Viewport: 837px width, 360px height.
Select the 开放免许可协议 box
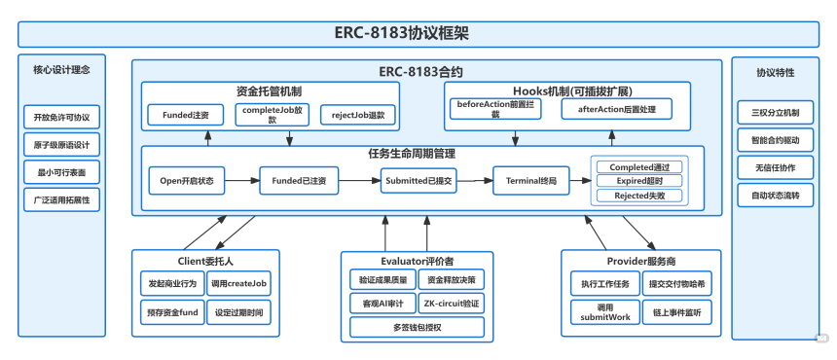pyautogui.click(x=61, y=118)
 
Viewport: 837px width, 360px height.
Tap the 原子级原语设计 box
pyautogui.click(x=61, y=145)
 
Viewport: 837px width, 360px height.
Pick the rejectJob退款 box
pyautogui.click(x=358, y=115)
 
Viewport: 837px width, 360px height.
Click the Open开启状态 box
pyautogui.click(x=188, y=180)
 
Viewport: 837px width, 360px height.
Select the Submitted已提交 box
pyautogui.click(x=419, y=180)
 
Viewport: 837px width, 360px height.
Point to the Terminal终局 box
pyautogui.click(x=529, y=180)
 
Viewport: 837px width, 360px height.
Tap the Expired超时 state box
pyautogui.click(x=639, y=180)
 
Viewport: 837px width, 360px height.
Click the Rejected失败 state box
pyautogui.click(x=639, y=195)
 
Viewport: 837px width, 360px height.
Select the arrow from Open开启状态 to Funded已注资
pyautogui.click(x=242, y=180)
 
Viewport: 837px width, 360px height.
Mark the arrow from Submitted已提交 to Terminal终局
pyautogui.click(x=475, y=180)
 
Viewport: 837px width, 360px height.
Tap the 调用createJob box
pyautogui.click(x=239, y=282)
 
